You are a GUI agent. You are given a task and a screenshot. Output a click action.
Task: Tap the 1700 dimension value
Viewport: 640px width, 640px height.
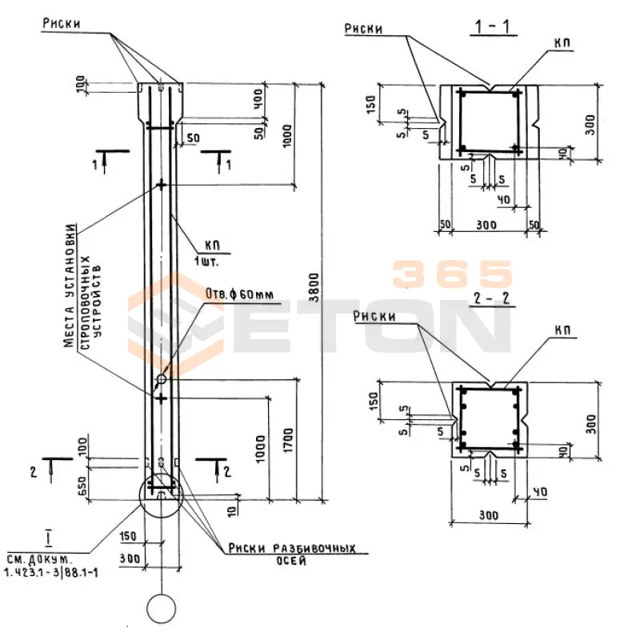coord(289,438)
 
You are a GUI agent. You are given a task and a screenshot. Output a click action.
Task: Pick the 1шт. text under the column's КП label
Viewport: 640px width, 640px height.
coord(206,261)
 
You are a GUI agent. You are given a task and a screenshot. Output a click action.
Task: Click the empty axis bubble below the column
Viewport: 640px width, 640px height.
coord(161,608)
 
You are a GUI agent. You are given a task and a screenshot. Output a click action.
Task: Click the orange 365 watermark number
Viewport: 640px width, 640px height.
coord(452,274)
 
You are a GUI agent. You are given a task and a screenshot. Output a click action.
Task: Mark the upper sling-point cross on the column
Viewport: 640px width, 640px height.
coord(162,185)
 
